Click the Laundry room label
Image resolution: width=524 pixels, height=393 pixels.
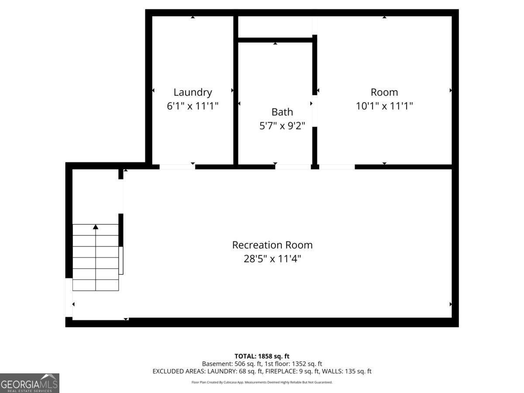pos(193,93)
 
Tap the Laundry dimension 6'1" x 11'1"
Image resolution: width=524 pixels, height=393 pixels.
pos(193,106)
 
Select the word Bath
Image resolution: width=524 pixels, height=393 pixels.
pos(282,112)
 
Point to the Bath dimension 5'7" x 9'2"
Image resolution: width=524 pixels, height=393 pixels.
pos(282,126)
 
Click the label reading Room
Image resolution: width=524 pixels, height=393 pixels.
pos(384,92)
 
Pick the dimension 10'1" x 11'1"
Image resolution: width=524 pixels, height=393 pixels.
pos(384,106)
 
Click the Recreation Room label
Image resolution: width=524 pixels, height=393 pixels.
pos(272,245)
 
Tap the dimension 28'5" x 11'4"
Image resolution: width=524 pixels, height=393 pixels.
pos(272,259)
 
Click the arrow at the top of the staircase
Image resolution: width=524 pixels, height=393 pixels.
pos(96,227)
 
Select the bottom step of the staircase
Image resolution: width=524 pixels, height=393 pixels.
pos(96,285)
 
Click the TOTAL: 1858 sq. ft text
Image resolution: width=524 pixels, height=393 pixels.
pos(262,356)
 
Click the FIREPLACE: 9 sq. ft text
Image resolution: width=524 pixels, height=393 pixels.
pos(293,371)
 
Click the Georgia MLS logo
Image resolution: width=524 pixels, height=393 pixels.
pos(30,383)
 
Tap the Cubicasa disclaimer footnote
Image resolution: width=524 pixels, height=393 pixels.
pos(262,382)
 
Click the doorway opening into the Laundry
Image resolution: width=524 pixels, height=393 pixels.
pos(177,167)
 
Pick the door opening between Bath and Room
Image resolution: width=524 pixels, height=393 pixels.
pos(315,111)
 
